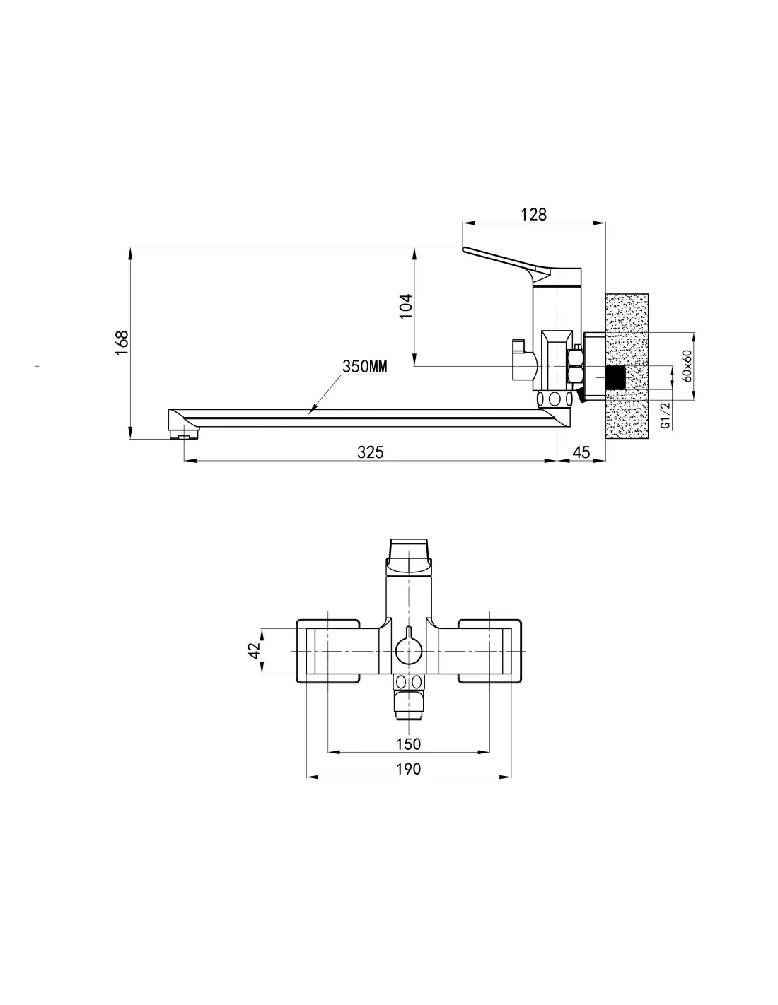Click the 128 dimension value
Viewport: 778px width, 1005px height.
pos(533,215)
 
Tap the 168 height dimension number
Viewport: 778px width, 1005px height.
pos(122,343)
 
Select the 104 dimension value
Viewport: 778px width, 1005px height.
pos(405,306)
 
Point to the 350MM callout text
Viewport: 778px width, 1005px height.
pos(365,366)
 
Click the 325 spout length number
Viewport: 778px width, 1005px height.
pos(370,452)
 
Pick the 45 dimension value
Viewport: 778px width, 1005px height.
pos(581,452)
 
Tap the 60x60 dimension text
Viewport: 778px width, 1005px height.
pos(687,366)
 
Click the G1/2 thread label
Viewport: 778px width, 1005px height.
pos(665,416)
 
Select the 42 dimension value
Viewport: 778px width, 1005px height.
pos(254,651)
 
